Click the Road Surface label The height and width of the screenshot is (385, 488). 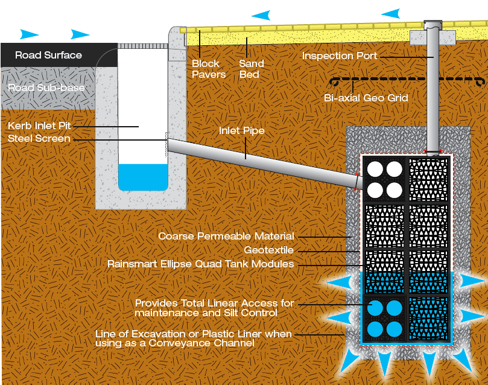click(x=48, y=55)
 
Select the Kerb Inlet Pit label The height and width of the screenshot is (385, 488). click(x=40, y=126)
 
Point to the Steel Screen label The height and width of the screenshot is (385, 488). click(x=39, y=139)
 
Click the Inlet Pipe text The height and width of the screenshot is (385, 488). click(x=241, y=130)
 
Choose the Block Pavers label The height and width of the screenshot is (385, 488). click(x=209, y=69)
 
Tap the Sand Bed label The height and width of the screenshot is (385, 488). click(x=251, y=69)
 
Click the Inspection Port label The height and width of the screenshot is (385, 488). click(x=340, y=56)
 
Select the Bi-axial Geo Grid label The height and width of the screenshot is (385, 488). click(x=366, y=98)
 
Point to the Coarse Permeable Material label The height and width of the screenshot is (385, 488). click(x=226, y=236)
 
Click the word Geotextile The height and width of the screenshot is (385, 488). click(x=269, y=250)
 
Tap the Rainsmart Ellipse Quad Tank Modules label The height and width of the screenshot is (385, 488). click(x=200, y=264)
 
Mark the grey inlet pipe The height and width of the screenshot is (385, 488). click(x=259, y=160)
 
